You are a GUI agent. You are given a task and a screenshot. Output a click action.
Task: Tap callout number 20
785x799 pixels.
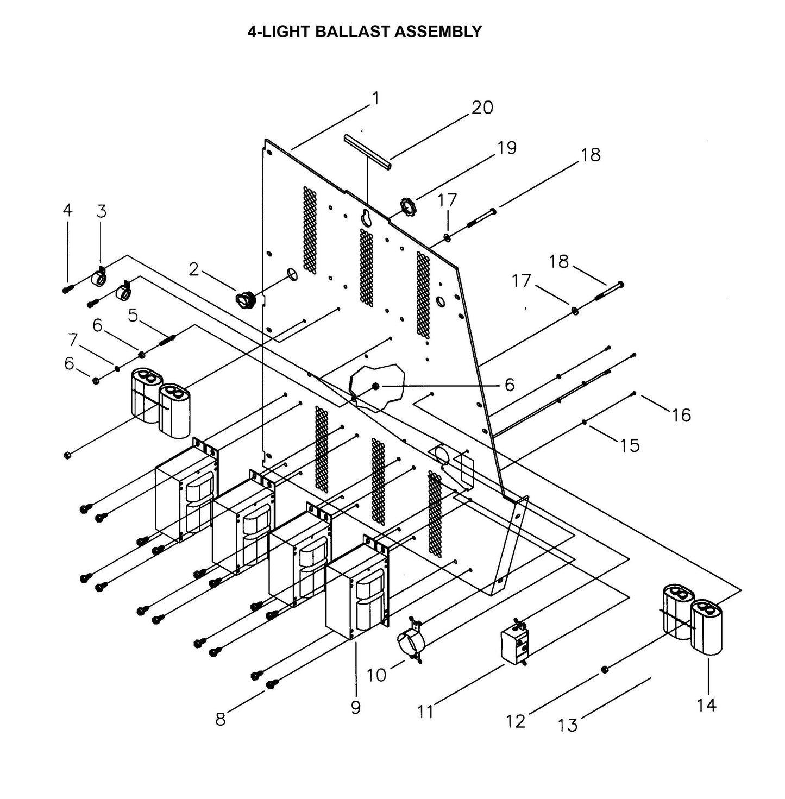pyautogui.click(x=481, y=108)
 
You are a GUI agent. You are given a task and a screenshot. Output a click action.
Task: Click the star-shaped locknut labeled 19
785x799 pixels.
pyautogui.click(x=407, y=206)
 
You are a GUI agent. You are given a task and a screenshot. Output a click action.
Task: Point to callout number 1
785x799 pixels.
pyautogui.click(x=375, y=98)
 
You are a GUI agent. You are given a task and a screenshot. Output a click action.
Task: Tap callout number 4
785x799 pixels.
pyautogui.click(x=67, y=210)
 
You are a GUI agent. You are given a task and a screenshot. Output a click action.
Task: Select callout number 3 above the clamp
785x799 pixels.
pyautogui.click(x=101, y=211)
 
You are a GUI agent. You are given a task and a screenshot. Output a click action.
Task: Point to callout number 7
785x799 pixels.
pyautogui.click(x=73, y=340)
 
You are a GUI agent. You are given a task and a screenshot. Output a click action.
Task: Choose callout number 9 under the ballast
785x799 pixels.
pyautogui.click(x=355, y=707)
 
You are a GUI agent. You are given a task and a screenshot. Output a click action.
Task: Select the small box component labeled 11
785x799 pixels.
pyautogui.click(x=513, y=645)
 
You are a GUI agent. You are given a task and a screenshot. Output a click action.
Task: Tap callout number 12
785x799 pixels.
pyautogui.click(x=516, y=721)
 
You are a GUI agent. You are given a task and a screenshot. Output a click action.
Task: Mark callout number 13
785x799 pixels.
pyautogui.click(x=568, y=724)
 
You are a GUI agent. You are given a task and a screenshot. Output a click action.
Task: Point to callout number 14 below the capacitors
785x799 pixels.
pyautogui.click(x=706, y=705)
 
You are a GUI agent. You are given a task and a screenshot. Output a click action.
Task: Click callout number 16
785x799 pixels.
pyautogui.click(x=681, y=415)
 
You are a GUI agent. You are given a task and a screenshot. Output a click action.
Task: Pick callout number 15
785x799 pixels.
pyautogui.click(x=630, y=445)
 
